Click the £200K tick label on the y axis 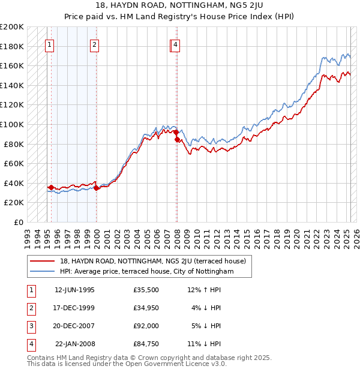point(12,27)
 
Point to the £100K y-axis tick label point(12,124)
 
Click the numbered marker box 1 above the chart point(49,44)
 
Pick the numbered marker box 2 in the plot point(95,44)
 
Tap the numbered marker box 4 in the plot point(175,44)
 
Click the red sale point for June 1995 point(51,187)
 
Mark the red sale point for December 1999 point(96,188)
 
